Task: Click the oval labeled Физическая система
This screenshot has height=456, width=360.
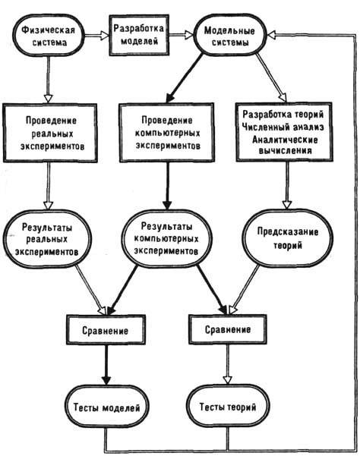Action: point(49,36)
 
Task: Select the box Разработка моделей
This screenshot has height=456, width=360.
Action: point(139,35)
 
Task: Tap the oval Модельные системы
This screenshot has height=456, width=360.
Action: point(229,35)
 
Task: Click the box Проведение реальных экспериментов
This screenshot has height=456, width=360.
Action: point(50,133)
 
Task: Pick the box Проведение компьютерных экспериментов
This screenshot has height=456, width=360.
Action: point(167,132)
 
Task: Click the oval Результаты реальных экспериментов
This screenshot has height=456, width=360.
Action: point(46,238)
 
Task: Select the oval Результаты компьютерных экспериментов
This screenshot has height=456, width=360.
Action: point(166,238)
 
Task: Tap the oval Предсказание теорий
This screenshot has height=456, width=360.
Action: point(287,238)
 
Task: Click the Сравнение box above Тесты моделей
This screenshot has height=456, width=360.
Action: point(106,330)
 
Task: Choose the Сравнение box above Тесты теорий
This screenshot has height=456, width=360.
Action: point(228,329)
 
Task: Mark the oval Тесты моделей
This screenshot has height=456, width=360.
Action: point(106,407)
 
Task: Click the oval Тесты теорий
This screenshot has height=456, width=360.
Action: point(228,406)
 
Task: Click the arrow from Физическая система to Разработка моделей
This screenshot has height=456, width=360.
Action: point(97,36)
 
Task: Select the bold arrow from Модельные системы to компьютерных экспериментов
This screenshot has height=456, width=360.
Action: point(185,78)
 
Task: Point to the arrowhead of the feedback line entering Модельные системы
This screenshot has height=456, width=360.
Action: point(271,35)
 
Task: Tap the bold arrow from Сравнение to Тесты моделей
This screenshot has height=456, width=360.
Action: point(106,365)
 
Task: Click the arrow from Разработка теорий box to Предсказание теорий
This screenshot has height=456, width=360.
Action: point(287,185)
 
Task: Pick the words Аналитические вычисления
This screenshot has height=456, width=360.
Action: point(285,145)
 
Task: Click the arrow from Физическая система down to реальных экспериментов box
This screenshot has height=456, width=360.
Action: point(48,79)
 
